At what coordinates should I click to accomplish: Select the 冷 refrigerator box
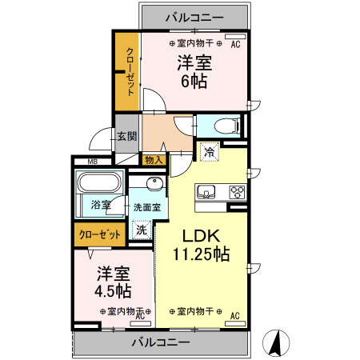pos(210,150)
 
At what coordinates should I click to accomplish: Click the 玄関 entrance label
pos(127,137)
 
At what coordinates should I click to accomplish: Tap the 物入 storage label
pos(154,160)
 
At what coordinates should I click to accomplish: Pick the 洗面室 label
pos(146,207)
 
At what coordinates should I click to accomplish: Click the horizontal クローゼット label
pos(100,234)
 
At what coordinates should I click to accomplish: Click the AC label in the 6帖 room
pos(235,46)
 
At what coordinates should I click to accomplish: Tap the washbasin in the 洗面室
pos(156,186)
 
